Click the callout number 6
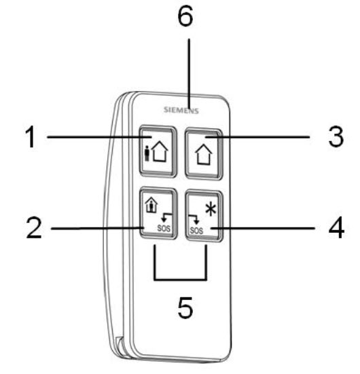coord(185,16)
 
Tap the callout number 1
coord(31,137)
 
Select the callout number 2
coord(34,228)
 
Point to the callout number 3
coord(336,136)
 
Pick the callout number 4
coord(337,228)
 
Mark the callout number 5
coord(185,307)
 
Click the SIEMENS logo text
coord(181,110)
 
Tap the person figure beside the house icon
coord(147,153)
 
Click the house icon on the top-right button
coord(204,154)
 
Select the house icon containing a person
coord(151,204)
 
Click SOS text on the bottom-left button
coord(164,228)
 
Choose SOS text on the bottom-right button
coord(196,230)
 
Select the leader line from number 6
coord(190,73)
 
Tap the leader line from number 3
coord(258,137)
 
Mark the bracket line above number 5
coord(180,278)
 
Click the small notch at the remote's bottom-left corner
coord(119,343)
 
